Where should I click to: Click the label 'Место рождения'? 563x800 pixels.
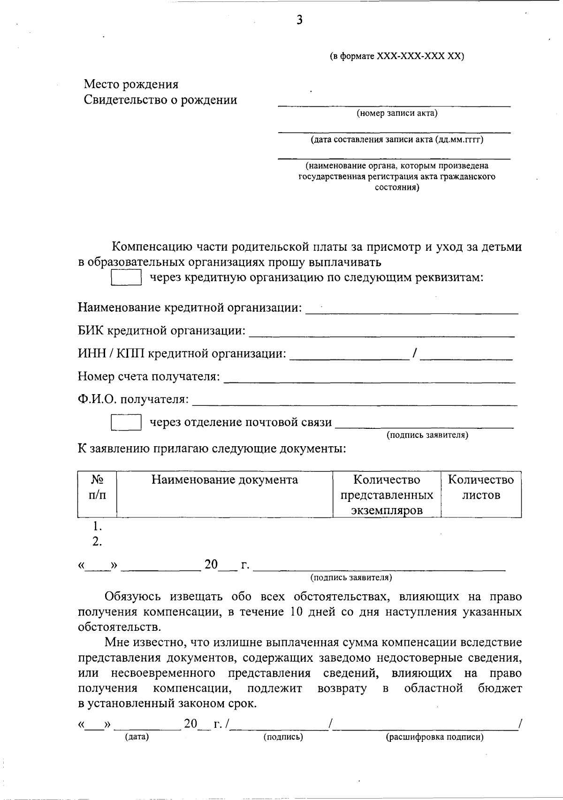click(x=131, y=84)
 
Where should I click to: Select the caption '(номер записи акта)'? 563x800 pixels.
click(x=397, y=113)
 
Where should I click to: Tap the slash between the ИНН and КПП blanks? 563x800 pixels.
click(x=414, y=353)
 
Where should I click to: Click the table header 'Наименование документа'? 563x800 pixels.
click(x=224, y=480)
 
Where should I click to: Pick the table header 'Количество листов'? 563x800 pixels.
click(x=481, y=487)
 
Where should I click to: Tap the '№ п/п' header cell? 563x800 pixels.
click(x=97, y=487)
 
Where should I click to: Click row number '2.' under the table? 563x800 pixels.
click(x=97, y=542)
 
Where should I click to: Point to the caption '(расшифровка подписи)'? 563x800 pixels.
click(x=434, y=737)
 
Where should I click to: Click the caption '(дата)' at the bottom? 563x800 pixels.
click(x=137, y=737)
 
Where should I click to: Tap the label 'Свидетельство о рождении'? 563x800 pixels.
click(x=160, y=100)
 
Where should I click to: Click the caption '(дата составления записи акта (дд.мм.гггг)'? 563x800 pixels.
click(x=397, y=140)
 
